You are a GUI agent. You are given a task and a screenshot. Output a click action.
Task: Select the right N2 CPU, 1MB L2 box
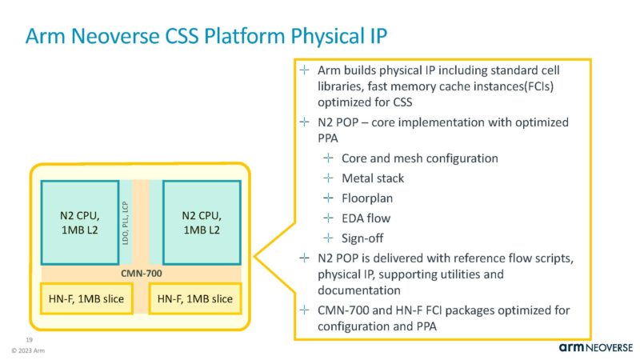coord(202,222)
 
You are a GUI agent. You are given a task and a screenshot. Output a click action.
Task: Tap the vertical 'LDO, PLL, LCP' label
coord(125,222)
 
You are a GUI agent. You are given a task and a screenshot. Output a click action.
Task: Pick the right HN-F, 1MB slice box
coord(195,298)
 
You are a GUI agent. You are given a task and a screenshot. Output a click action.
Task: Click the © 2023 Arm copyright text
coord(26,350)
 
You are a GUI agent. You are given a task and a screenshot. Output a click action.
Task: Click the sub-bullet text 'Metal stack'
coord(373,178)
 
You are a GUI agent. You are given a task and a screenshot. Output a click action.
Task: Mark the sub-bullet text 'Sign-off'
coord(364,237)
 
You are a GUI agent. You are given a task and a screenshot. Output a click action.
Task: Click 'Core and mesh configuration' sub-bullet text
coord(419,158)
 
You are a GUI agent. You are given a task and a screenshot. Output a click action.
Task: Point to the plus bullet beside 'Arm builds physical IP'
coord(303,70)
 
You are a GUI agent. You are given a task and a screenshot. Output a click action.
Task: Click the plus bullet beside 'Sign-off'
coord(327,237)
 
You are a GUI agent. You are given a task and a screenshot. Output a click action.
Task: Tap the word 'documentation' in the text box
coord(354,291)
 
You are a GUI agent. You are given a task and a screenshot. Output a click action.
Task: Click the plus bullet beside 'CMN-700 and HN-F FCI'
coord(303,310)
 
